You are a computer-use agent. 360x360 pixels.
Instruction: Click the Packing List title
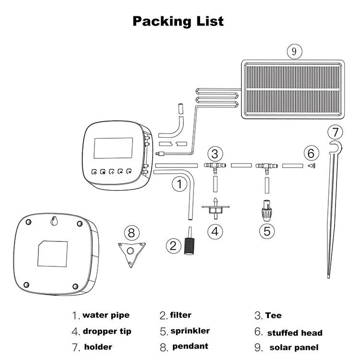(178, 21)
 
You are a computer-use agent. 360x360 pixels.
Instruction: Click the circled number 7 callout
(336, 131)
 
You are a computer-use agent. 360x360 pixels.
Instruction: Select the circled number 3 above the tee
(216, 154)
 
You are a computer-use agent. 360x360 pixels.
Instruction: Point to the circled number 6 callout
(311, 154)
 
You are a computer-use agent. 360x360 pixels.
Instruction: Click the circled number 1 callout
(179, 183)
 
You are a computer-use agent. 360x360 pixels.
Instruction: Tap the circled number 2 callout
(173, 245)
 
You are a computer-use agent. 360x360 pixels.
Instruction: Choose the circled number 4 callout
(215, 230)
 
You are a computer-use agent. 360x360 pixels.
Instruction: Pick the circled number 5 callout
(267, 230)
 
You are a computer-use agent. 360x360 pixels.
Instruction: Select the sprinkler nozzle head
(267, 210)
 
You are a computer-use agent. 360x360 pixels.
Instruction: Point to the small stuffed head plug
(311, 165)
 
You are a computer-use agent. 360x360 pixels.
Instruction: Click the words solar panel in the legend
(294, 348)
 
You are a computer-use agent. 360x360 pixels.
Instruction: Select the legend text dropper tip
(107, 331)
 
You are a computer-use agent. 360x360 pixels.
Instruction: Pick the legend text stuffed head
(295, 333)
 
